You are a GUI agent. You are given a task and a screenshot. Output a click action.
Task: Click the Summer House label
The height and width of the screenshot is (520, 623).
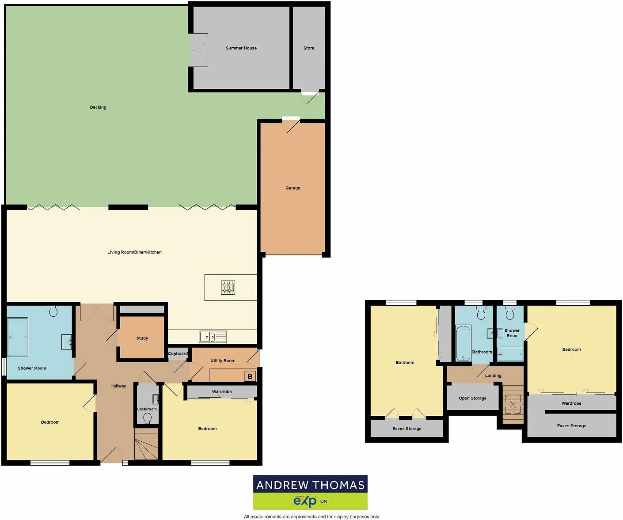pos(241,48)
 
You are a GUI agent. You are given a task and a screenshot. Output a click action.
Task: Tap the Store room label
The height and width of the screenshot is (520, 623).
pos(309,48)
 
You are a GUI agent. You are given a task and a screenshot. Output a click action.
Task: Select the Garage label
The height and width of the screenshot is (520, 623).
pos(293,188)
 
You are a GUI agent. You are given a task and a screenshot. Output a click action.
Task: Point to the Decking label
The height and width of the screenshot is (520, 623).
pos(98,107)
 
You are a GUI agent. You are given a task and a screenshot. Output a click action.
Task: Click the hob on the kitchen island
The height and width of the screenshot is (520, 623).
pos(228,288)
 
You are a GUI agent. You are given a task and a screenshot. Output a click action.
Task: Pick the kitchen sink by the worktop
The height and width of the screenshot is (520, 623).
pos(213,337)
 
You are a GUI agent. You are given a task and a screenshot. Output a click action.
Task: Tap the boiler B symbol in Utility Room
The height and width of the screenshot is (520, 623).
pos(250,376)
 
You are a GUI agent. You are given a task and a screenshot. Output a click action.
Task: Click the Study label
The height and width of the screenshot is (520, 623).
pos(142,338)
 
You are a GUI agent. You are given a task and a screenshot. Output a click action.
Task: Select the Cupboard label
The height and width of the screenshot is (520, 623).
pos(178,354)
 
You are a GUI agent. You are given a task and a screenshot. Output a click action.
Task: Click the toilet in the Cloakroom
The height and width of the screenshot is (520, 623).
pos(148,418)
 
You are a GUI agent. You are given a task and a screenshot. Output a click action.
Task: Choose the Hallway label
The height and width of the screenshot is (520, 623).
pos(118,386)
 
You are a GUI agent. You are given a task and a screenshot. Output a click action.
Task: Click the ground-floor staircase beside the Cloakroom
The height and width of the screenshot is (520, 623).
pos(146,444)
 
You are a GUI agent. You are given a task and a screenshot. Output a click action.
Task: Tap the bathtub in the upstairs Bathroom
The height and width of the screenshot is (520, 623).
pos(463,343)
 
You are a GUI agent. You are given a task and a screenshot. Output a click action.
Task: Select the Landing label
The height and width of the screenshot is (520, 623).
pos(493,376)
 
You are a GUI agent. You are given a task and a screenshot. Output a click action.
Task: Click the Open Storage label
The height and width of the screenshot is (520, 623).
pos(472,399)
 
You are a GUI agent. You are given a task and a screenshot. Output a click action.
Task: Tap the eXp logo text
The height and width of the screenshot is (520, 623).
pos(305,501)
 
